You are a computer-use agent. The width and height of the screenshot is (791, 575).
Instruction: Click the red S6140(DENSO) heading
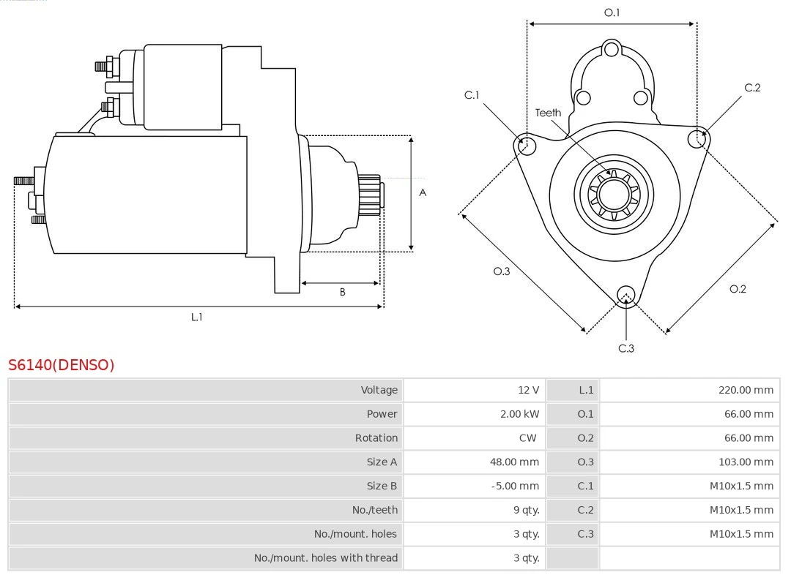(x=62, y=365)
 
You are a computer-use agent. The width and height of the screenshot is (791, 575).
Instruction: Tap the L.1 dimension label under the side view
(x=197, y=317)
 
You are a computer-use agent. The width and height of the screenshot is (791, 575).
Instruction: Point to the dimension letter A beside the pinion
(x=423, y=193)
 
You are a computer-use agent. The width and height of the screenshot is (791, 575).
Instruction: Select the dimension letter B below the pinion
(x=342, y=292)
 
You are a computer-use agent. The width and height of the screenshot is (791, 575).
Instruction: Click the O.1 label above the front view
(x=612, y=12)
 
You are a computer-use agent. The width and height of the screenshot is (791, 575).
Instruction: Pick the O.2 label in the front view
(x=738, y=289)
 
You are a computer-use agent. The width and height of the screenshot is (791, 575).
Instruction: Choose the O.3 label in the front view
(x=501, y=271)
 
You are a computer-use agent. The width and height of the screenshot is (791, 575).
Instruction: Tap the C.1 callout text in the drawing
(x=472, y=95)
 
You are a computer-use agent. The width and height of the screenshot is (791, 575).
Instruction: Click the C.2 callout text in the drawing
(x=752, y=88)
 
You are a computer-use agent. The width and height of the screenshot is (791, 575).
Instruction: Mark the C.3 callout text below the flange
(x=626, y=348)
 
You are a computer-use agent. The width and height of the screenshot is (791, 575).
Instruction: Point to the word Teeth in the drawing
(x=548, y=113)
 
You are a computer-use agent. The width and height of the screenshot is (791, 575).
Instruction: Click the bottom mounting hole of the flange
(x=625, y=295)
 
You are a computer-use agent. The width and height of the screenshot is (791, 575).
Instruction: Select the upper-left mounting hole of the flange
(x=525, y=145)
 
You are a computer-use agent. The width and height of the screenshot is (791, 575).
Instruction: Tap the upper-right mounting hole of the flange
(x=697, y=138)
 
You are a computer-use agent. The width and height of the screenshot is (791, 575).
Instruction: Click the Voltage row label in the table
(x=379, y=390)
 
